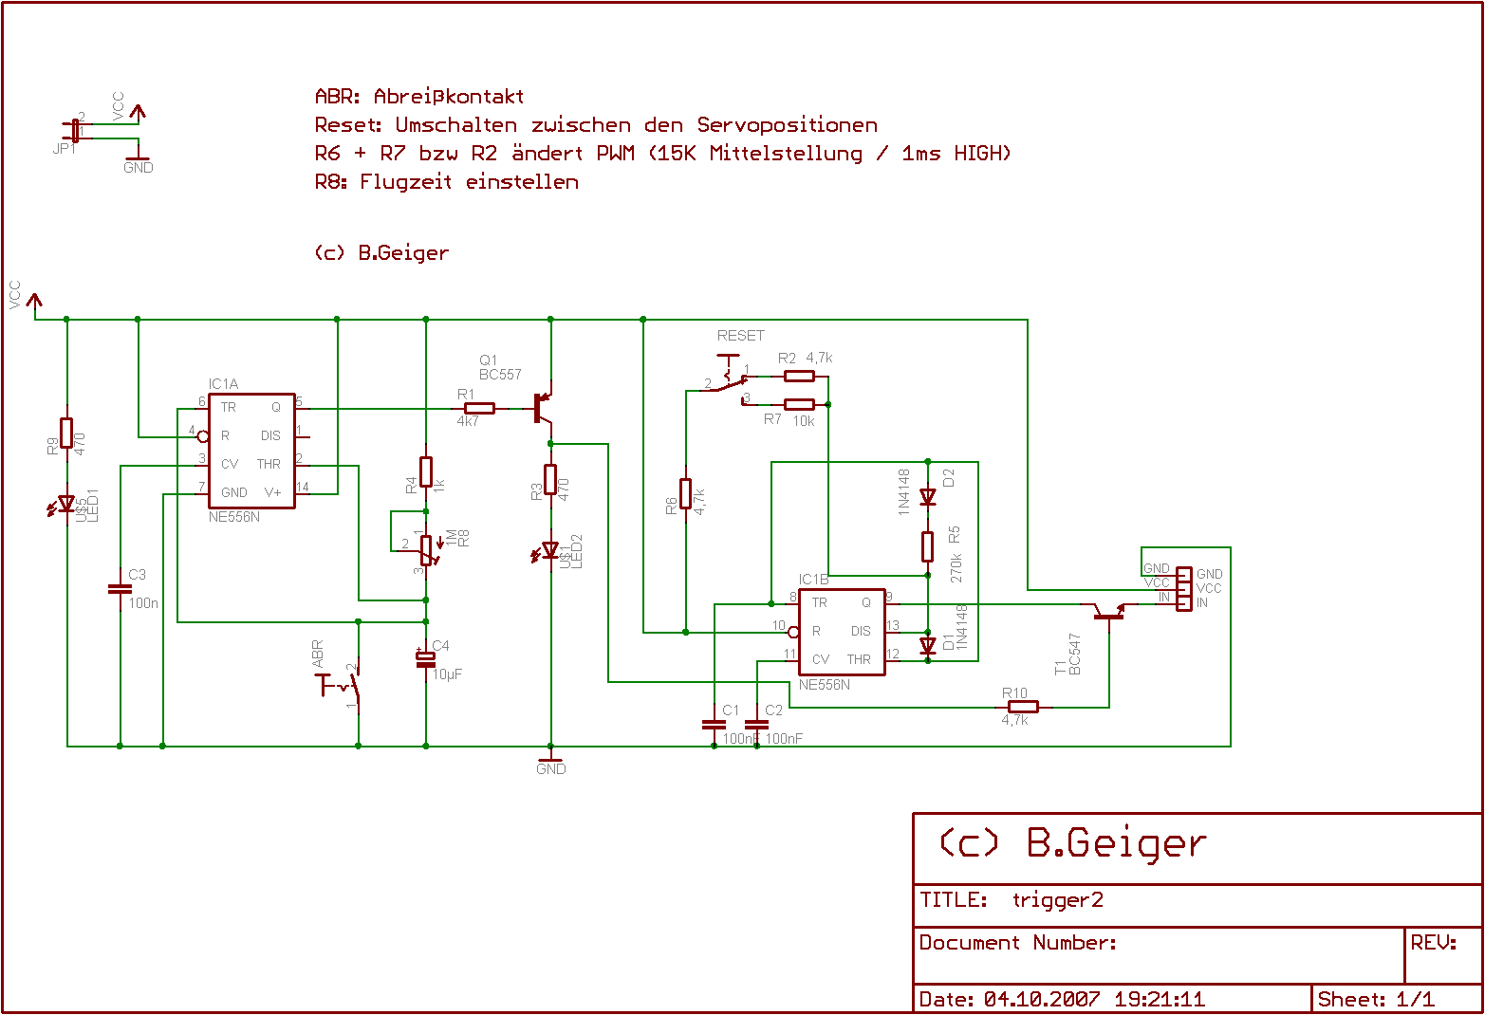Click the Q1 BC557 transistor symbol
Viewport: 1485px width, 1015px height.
(543, 408)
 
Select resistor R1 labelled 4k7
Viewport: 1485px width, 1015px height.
(480, 409)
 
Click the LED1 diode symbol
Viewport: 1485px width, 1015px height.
(66, 505)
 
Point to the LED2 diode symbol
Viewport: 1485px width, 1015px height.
(550, 550)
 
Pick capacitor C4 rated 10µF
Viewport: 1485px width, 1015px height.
(426, 658)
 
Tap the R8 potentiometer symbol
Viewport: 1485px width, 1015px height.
(426, 548)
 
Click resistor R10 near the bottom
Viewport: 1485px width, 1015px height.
(1022, 707)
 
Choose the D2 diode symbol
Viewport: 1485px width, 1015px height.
(928, 497)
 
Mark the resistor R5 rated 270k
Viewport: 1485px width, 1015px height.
(928, 546)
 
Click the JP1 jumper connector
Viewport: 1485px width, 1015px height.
(74, 131)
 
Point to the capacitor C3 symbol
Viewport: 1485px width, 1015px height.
(120, 588)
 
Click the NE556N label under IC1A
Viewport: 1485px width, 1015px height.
(234, 518)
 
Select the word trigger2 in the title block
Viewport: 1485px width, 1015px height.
(1057, 900)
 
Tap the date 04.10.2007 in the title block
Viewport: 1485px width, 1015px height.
(1041, 1000)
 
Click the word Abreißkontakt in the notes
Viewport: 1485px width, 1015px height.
(448, 96)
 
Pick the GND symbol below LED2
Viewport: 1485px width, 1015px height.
(550, 763)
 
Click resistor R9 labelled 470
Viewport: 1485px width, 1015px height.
(66, 433)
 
